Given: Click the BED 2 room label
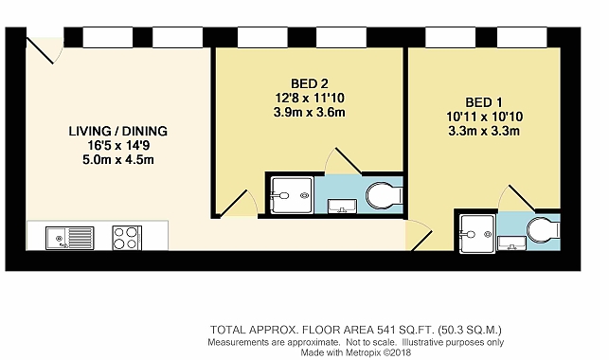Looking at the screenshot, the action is point(309,83).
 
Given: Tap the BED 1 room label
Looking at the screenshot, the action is point(484,102).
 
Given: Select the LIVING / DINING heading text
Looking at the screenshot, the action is point(118,132).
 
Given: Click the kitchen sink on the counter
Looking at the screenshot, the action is point(70,238).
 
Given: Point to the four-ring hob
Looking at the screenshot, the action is point(127,238).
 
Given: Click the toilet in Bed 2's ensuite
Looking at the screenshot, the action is point(384,195).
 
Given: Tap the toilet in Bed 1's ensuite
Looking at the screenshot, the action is point(543,230).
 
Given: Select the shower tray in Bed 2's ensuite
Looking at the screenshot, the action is point(292,195).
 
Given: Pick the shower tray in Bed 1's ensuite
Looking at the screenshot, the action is point(477,234).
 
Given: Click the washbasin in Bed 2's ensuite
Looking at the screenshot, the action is point(342,207).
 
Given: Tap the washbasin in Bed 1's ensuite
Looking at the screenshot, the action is point(511,243).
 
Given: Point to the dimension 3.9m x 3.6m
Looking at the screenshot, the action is point(309,113).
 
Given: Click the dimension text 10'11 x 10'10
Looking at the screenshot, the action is point(484,117).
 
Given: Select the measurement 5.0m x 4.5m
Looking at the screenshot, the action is point(118,159).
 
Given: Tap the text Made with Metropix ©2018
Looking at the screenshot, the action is point(356,352).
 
